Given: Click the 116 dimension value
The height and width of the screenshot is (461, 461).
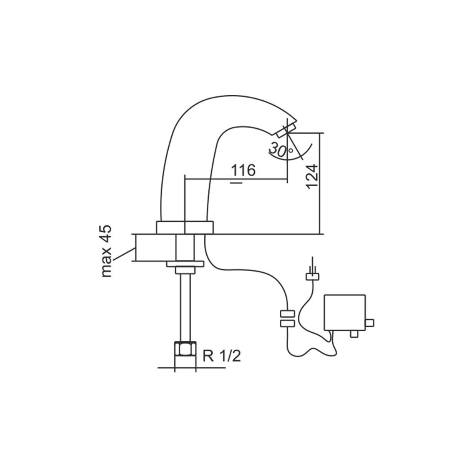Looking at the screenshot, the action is [x=243, y=170].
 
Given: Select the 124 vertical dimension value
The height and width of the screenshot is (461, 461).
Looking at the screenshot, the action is [x=313, y=177].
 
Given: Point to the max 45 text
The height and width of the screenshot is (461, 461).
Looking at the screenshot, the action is [x=106, y=251].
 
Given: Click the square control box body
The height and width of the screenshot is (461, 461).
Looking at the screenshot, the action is [x=345, y=312].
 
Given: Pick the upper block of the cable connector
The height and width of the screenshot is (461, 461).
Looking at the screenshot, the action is [x=287, y=313].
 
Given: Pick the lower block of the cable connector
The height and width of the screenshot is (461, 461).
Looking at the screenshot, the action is [x=287, y=323].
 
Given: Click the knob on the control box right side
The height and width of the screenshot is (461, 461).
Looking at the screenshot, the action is [x=370, y=322].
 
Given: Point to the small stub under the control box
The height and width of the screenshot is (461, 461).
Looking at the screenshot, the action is [x=353, y=333].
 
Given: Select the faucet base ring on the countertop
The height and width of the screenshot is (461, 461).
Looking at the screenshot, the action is [x=185, y=227].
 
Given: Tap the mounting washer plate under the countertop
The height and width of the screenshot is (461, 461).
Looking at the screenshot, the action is [x=185, y=264].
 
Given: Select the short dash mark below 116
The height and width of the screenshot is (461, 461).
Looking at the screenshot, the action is [x=237, y=183].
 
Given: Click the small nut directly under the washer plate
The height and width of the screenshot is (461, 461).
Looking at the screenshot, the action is [x=185, y=270].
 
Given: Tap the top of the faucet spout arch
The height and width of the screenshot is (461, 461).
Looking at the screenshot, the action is [x=230, y=96].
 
